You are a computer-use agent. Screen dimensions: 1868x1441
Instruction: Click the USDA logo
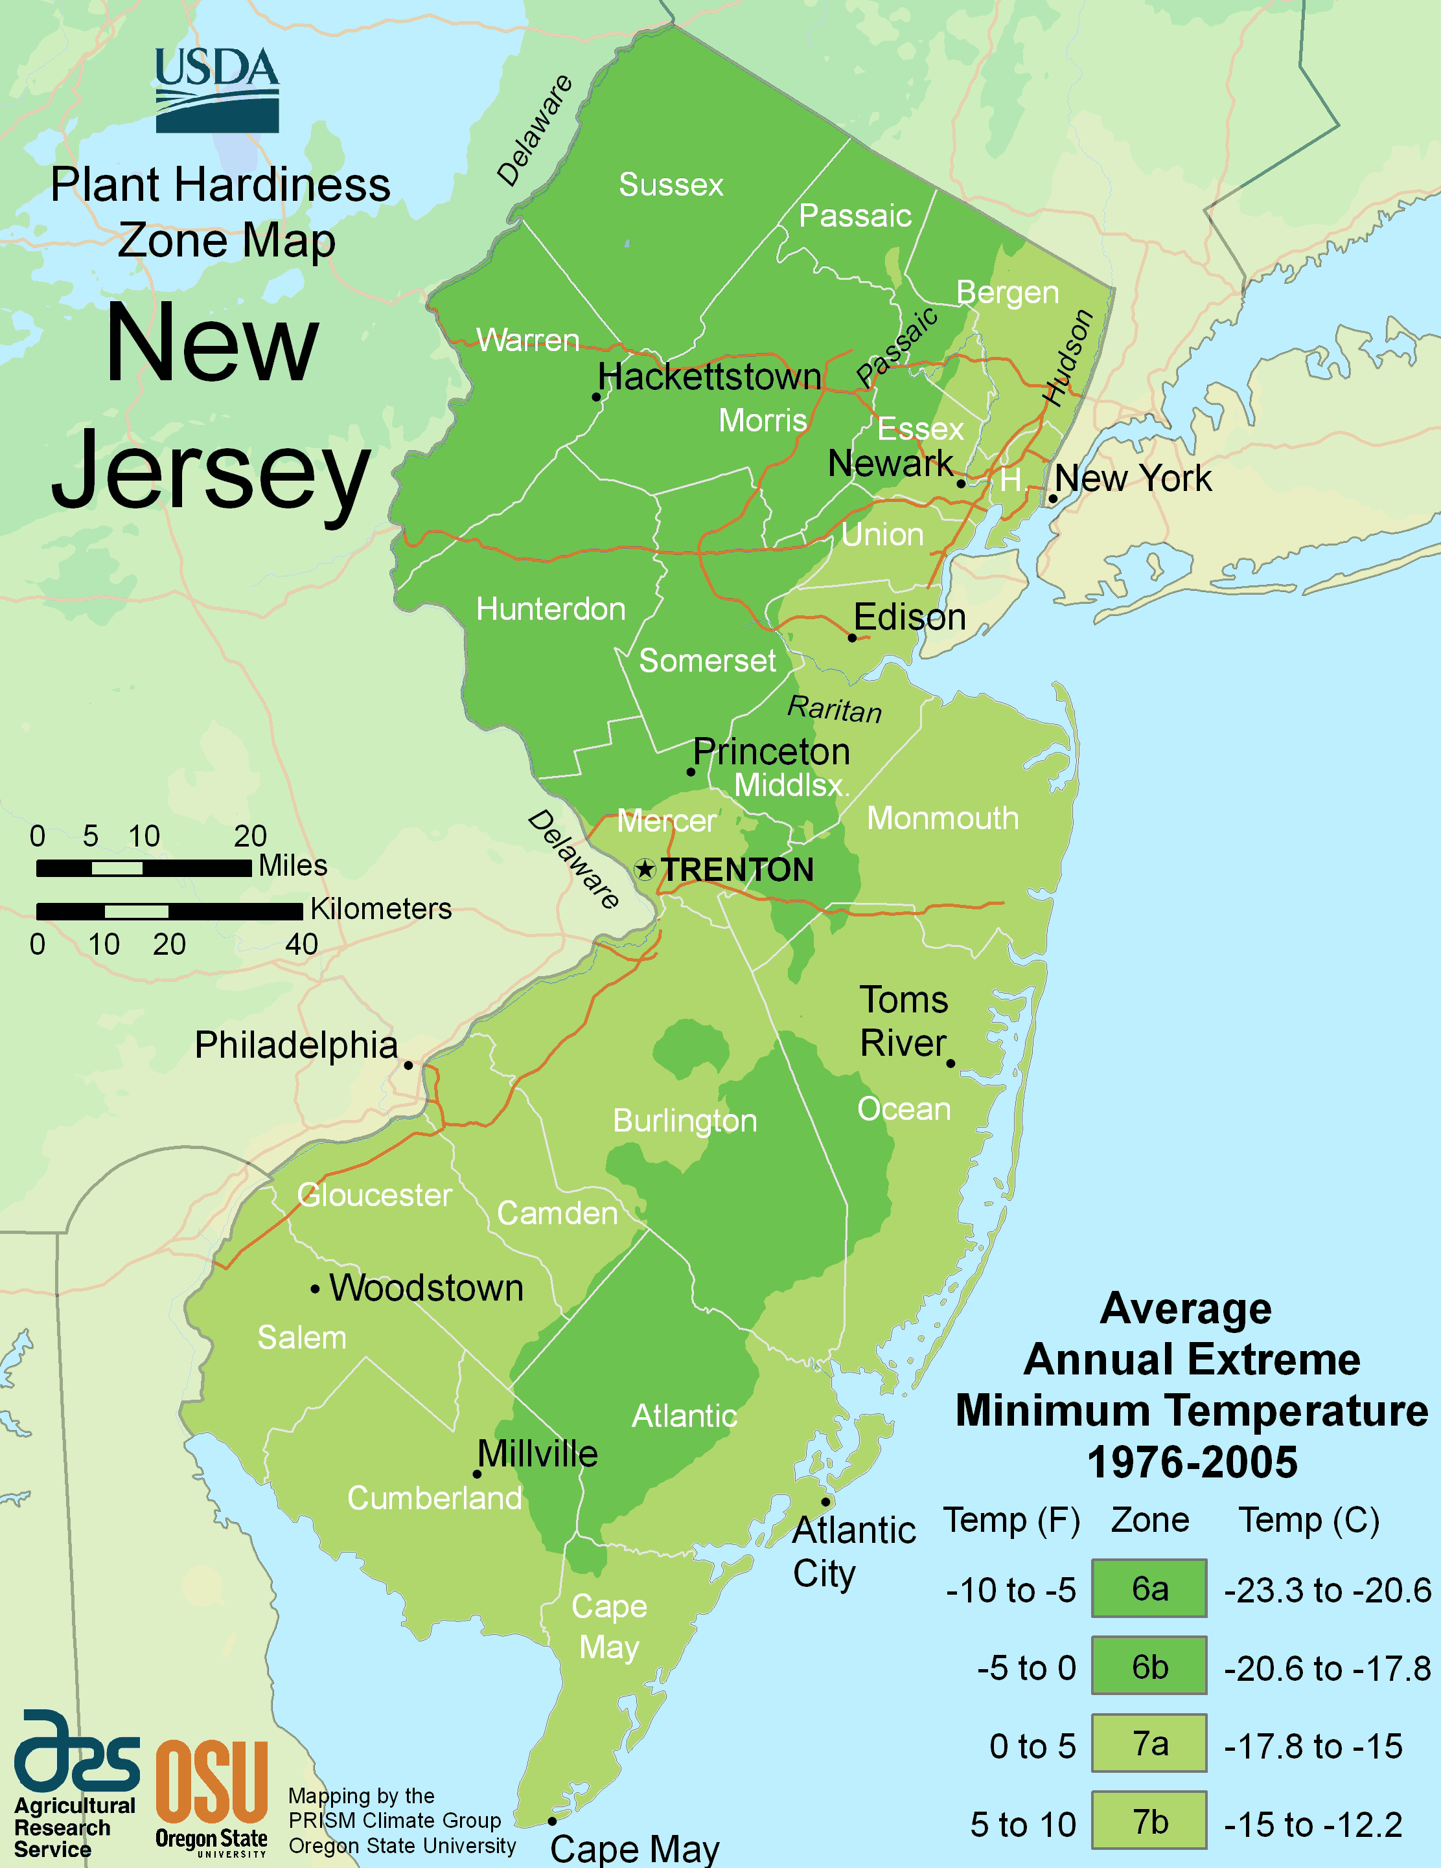(216, 90)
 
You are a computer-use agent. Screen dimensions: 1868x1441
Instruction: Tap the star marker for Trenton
(644, 870)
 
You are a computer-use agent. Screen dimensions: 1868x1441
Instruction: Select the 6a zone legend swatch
(1149, 1588)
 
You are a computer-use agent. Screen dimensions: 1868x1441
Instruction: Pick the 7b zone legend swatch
(1149, 1822)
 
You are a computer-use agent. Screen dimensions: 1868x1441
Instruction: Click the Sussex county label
(671, 185)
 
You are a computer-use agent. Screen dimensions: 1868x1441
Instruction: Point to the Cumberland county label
(435, 1498)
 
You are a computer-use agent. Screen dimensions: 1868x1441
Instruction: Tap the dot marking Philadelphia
(408, 1065)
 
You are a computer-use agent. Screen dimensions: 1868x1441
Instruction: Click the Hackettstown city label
(709, 376)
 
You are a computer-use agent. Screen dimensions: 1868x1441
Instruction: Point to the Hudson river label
(1067, 358)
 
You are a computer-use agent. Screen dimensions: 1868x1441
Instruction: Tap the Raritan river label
(835, 709)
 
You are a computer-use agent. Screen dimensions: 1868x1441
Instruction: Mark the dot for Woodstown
(315, 1289)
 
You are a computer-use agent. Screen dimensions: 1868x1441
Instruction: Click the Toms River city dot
(951, 1063)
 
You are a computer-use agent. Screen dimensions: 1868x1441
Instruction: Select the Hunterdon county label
(550, 609)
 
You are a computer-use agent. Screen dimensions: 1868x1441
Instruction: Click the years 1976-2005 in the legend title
(1192, 1463)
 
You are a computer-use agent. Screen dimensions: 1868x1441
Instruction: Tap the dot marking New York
(1052, 499)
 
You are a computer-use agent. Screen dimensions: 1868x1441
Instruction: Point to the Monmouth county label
(943, 819)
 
